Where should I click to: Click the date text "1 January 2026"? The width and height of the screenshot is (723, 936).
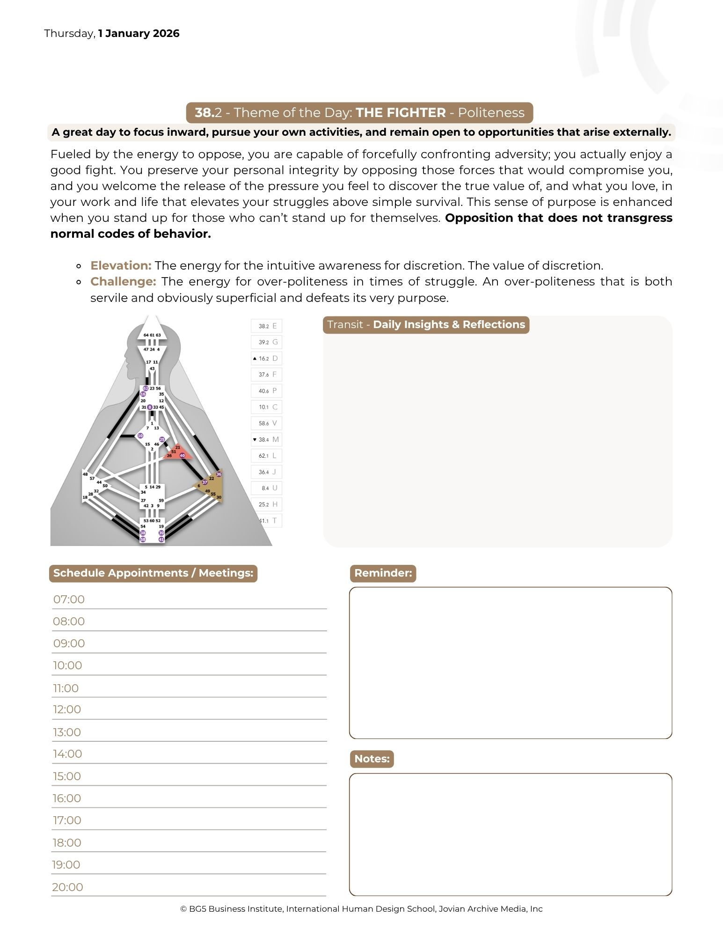coord(139,34)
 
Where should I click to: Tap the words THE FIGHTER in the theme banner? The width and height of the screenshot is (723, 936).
coord(401,113)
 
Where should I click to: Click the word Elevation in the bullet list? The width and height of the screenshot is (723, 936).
coord(121,265)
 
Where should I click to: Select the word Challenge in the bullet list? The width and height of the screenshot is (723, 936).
coord(123,281)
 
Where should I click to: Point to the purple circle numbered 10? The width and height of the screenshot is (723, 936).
coord(140,436)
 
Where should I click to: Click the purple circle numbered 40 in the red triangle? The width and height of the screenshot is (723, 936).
coord(182,455)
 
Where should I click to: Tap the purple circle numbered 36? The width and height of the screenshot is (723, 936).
coord(219,474)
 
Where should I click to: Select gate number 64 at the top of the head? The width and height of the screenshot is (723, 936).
coord(146,335)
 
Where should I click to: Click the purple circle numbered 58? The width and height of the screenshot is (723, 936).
coord(143,540)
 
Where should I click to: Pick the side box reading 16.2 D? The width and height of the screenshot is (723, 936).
coord(267,358)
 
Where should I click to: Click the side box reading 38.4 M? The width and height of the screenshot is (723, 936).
coord(267,439)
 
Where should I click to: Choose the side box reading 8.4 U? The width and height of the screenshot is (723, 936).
coord(267,488)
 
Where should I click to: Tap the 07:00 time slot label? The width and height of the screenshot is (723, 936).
coord(69,600)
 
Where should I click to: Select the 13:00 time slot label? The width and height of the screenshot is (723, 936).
coord(67,732)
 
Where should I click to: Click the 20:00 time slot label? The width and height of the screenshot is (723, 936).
coord(68,887)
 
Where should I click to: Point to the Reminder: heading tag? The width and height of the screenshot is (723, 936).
coord(383,573)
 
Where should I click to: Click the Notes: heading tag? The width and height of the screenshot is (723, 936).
coord(372,759)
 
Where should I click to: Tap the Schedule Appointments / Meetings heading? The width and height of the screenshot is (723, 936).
coord(153,573)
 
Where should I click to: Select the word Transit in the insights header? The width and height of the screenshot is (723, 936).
coord(345,325)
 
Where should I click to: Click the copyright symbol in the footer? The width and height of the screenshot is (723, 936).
coord(183,909)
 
